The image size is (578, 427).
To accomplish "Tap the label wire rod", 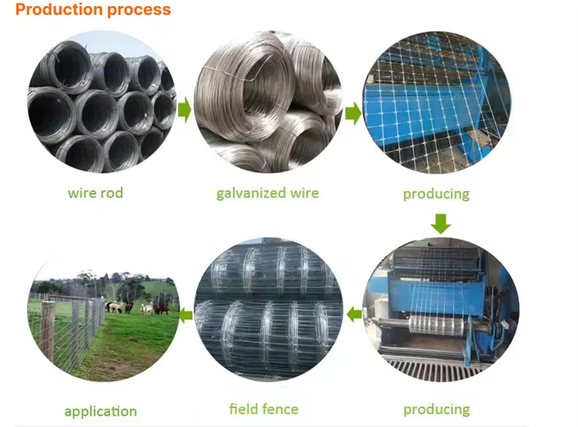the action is pos(95,193).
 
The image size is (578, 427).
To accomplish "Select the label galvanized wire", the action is pos(268,193).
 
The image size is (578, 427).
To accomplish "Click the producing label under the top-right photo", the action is pos(436,194).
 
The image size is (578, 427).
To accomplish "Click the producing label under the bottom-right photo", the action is pos(436,409).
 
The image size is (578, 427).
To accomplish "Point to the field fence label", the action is pos(264,409).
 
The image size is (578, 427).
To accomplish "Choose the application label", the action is pos(100,411).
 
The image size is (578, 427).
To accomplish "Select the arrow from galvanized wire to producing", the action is pos(353,113).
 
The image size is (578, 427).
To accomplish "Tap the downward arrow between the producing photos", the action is pos(442,222).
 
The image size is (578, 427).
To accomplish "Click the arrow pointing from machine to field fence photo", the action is pos(354,315).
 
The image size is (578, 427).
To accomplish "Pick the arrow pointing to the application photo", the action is pos(185,315).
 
